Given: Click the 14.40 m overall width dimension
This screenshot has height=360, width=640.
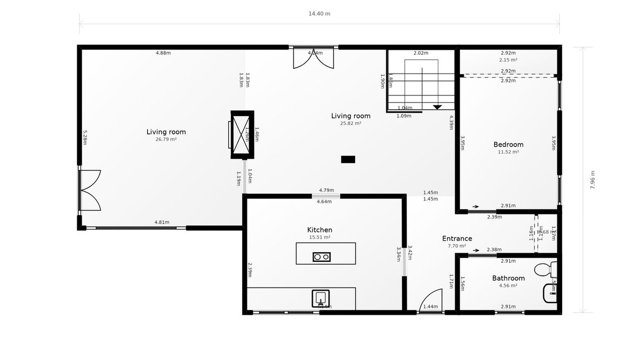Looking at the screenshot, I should tap(319, 14).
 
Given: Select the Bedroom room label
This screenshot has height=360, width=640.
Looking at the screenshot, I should tap(508, 145).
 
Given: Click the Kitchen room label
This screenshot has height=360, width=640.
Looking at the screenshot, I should tap(321, 230).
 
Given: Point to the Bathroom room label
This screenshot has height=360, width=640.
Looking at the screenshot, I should tap(508, 278).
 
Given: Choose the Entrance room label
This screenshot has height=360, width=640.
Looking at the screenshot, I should tap(457, 238).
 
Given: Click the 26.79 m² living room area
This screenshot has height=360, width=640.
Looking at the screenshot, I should tap(166, 139).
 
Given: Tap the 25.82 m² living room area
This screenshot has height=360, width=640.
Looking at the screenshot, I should tap(351, 123).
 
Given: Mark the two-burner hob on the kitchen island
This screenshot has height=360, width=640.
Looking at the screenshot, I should tap(321, 257).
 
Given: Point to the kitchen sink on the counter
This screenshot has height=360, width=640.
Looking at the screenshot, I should tap(321, 298).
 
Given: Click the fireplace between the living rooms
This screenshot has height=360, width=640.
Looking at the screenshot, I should tap(242, 134).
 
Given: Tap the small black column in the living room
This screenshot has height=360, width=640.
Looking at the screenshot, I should tap(348, 159).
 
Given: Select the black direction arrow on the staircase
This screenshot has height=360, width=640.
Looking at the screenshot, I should tap(437, 107).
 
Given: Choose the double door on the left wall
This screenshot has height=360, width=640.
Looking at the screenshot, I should tap(89, 191).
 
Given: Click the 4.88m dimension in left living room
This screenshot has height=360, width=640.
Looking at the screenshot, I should tap(163, 53).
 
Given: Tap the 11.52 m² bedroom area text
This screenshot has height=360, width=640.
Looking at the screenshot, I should tap(508, 152).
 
